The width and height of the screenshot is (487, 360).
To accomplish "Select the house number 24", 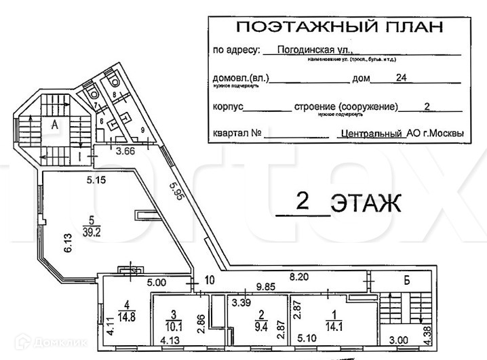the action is (401, 78).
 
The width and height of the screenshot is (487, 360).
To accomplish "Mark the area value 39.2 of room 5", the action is (90, 230).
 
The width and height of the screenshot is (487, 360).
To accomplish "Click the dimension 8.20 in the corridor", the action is (301, 276).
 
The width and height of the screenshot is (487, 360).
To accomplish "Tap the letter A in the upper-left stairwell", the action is (52, 124).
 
